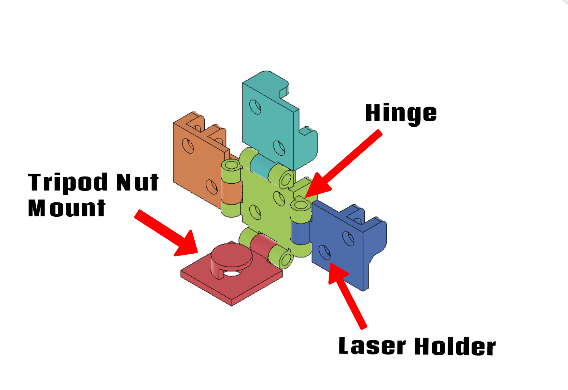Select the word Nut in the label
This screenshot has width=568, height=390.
[137, 182]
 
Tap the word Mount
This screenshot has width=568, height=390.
[67, 208]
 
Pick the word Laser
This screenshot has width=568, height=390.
[372, 346]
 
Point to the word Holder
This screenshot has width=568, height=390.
[455, 347]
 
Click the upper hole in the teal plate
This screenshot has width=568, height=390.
[255, 107]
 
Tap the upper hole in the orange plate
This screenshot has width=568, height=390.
[188, 145]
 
